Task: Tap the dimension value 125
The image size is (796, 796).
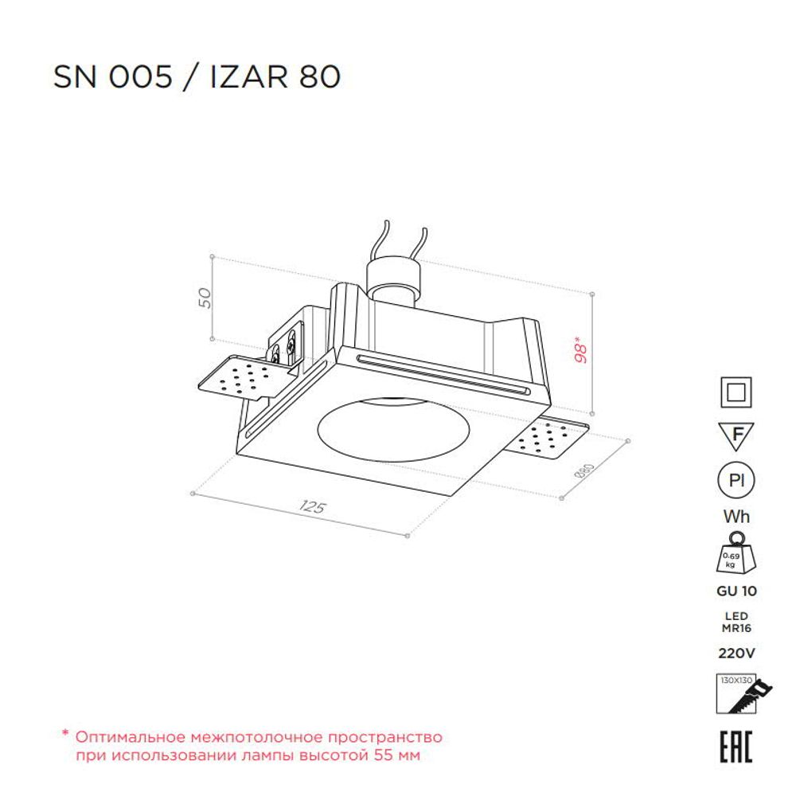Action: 314,507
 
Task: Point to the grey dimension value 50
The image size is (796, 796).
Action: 205,298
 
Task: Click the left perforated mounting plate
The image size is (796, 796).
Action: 238,379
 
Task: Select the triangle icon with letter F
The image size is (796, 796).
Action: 736,436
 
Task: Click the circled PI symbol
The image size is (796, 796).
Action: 736,480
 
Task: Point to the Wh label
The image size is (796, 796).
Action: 736,516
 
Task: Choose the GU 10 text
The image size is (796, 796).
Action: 736,591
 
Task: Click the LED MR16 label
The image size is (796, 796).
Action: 736,622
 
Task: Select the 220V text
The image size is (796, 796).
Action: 736,654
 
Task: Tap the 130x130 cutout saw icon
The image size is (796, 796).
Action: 736,696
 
